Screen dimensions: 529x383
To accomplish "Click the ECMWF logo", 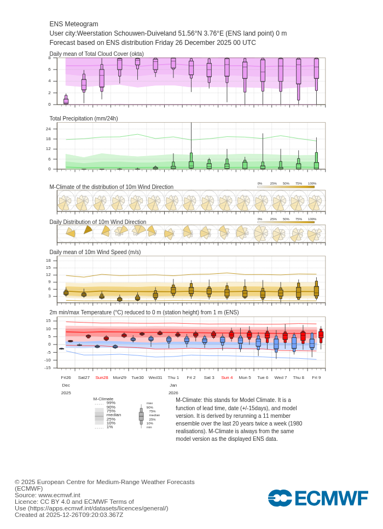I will coord(318,498).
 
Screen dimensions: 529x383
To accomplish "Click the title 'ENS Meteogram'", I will coord(74,24).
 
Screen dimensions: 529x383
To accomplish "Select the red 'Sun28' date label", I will coord(102,377).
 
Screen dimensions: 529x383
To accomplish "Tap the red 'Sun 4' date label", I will coord(227,377).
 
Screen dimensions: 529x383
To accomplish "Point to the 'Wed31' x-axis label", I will coord(155,377).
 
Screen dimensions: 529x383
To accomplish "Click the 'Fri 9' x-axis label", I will coord(316,377).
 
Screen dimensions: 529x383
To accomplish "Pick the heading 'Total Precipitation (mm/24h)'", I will coord(84,118).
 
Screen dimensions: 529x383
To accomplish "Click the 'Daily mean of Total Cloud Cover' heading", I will coord(97,54).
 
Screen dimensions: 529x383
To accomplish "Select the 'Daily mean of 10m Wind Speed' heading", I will coord(95,252).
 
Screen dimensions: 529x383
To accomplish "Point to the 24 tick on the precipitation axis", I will coord(48,129).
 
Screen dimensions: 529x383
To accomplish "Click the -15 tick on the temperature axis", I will coord(48,367).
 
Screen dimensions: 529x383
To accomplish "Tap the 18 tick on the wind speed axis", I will coord(48,260).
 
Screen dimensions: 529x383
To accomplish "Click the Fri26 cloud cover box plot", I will coord(66,100).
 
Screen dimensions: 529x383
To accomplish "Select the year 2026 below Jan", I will coord(173,393).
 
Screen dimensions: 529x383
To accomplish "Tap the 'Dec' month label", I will coord(66,385).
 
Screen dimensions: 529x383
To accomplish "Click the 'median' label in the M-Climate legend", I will coord(114,415).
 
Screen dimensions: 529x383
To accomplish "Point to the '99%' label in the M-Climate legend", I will coord(111,403).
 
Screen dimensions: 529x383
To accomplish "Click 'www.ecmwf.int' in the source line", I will coord(59,495).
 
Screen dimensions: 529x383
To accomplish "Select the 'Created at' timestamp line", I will coord(69,515).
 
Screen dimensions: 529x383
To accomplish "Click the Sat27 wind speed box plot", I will coord(84,295).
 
